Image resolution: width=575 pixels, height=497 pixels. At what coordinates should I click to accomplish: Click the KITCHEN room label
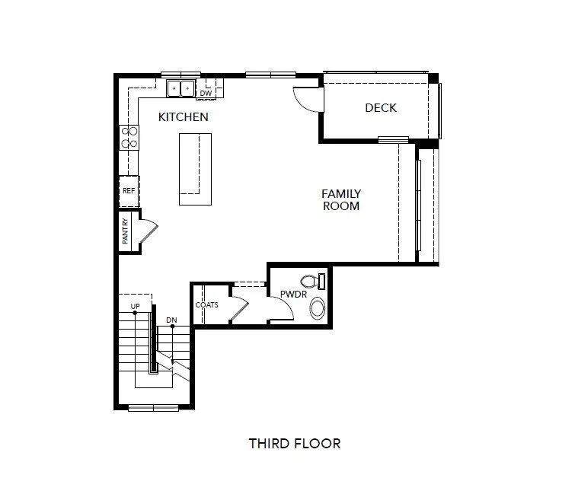[x=183, y=117]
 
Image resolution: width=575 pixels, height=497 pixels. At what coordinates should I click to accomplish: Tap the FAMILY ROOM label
[x=340, y=200]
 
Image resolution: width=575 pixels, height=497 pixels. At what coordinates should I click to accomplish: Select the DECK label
[x=380, y=108]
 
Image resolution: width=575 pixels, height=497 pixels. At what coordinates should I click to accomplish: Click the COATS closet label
[x=206, y=305]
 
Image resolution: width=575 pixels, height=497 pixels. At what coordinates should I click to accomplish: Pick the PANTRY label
[x=126, y=231]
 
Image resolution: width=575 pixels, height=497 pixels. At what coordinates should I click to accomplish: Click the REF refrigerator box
[x=129, y=191]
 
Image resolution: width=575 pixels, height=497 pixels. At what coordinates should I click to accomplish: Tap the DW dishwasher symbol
[x=206, y=93]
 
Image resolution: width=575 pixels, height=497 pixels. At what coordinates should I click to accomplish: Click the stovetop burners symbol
[x=129, y=137]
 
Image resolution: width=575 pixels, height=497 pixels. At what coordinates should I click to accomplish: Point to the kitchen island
[x=195, y=169]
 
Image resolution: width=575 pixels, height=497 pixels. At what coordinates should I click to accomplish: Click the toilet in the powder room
[x=313, y=281]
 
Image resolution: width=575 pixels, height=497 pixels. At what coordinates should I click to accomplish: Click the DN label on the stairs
[x=172, y=320]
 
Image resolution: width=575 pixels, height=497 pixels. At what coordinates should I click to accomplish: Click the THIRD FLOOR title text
[x=294, y=443]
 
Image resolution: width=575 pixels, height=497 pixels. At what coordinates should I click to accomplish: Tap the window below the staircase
[x=153, y=408]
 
